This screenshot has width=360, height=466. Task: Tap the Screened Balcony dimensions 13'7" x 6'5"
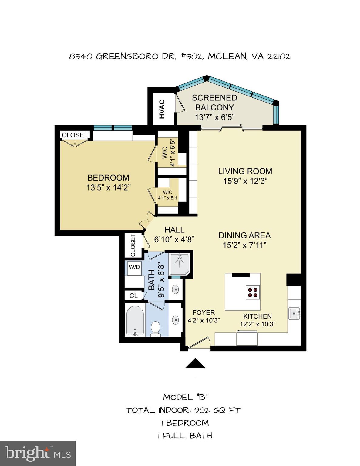click(x=214, y=117)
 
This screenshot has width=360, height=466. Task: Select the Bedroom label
click(x=108, y=177)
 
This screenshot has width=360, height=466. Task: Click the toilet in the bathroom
click(x=156, y=328)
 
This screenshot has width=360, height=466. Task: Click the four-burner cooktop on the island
click(x=252, y=292)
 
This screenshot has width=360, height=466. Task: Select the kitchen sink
click(x=294, y=313)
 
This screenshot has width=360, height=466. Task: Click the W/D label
click(x=134, y=267)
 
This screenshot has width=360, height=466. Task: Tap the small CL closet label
click(x=133, y=295)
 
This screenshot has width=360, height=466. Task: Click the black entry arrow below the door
click(x=195, y=363)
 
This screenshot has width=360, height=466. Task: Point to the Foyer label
click(x=204, y=312)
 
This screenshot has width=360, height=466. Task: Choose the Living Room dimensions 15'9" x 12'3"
click(x=245, y=181)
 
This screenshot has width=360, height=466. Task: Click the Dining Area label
click(x=244, y=235)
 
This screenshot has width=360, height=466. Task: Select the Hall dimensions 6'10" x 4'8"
click(x=174, y=239)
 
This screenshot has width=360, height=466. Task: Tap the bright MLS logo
click(x=38, y=453)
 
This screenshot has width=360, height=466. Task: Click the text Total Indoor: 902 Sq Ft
click(x=183, y=410)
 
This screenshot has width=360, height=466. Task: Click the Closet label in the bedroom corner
click(x=75, y=135)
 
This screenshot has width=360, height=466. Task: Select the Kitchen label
click(x=257, y=316)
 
